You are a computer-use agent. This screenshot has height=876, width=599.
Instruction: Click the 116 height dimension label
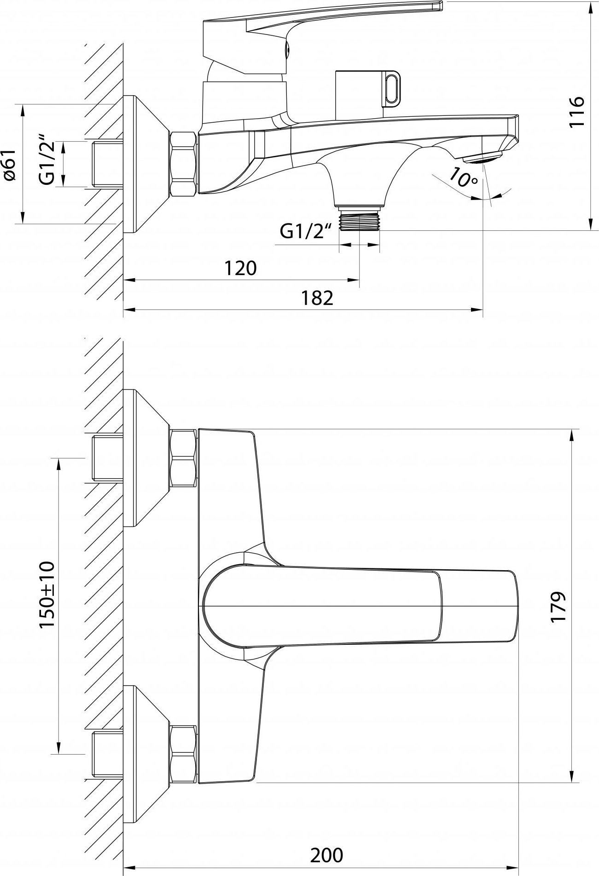tap(577, 112)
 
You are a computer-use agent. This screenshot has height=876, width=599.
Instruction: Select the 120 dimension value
tap(240, 268)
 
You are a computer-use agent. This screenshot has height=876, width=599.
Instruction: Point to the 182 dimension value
tap(317, 298)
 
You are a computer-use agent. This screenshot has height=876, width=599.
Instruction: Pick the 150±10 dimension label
tap(47, 594)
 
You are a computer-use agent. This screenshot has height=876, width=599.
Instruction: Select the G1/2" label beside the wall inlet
tap(47, 160)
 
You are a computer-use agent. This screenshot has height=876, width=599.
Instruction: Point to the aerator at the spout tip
tap(482, 158)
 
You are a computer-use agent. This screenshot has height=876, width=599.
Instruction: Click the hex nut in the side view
tap(184, 164)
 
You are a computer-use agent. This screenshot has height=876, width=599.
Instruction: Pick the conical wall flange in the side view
tap(147, 164)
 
